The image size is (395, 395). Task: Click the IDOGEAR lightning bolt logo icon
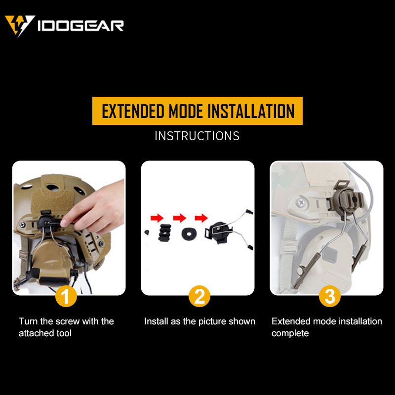(x=20, y=25)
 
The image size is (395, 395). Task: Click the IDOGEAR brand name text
(x=80, y=26)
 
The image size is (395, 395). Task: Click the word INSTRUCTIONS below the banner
(x=197, y=136)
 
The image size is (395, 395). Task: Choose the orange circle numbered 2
(x=199, y=297)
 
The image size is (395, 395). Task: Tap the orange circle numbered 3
(x=330, y=297)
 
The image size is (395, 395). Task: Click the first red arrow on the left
(x=156, y=218)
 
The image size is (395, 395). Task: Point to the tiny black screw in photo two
(x=147, y=232)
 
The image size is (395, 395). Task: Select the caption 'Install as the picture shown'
(x=199, y=321)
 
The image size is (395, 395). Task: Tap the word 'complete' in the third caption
(x=290, y=334)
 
